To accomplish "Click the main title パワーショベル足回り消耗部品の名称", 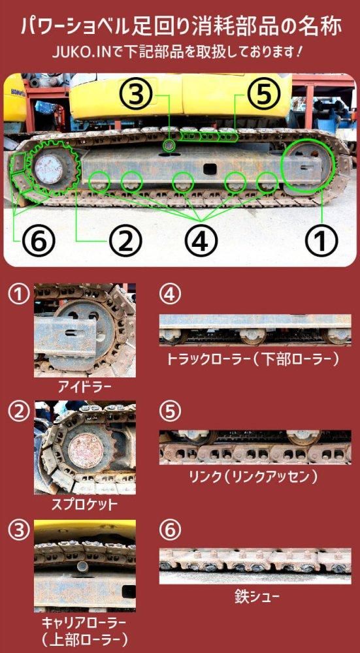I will click(180, 27).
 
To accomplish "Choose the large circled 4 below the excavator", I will click(201, 241).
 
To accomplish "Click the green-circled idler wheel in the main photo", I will click(306, 167).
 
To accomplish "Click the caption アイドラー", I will click(85, 387).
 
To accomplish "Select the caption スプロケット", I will click(85, 504).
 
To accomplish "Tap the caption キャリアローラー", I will click(85, 622).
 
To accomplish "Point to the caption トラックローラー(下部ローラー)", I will click(254, 358).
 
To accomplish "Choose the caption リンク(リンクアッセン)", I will click(254, 477).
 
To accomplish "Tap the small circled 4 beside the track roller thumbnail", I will click(170, 295).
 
